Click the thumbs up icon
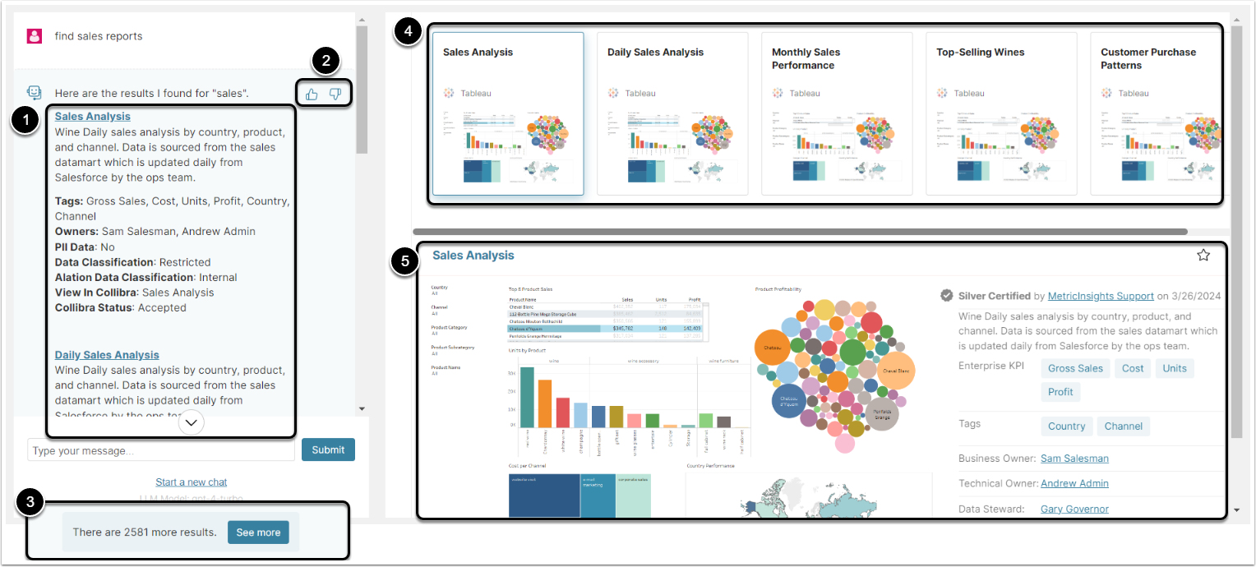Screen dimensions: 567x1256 click(312, 94)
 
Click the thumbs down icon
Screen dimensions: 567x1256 click(335, 94)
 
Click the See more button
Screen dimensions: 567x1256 click(258, 532)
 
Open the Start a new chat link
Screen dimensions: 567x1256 click(191, 482)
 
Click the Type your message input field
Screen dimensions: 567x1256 click(161, 450)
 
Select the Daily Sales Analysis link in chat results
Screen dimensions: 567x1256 click(107, 355)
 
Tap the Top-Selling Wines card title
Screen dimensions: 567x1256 click(981, 52)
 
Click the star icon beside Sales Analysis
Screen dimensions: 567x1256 click(1203, 256)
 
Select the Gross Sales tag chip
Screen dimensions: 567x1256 click(1075, 368)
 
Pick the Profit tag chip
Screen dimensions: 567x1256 click(1060, 392)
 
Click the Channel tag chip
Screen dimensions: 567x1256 click(1123, 426)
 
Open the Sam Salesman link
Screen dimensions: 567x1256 click(1074, 459)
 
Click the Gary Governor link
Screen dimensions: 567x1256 click(1074, 509)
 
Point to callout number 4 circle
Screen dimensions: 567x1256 click(408, 31)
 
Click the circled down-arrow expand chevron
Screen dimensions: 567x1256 click(192, 422)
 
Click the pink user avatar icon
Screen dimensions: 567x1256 click(35, 36)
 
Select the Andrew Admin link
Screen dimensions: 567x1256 click(1074, 483)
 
